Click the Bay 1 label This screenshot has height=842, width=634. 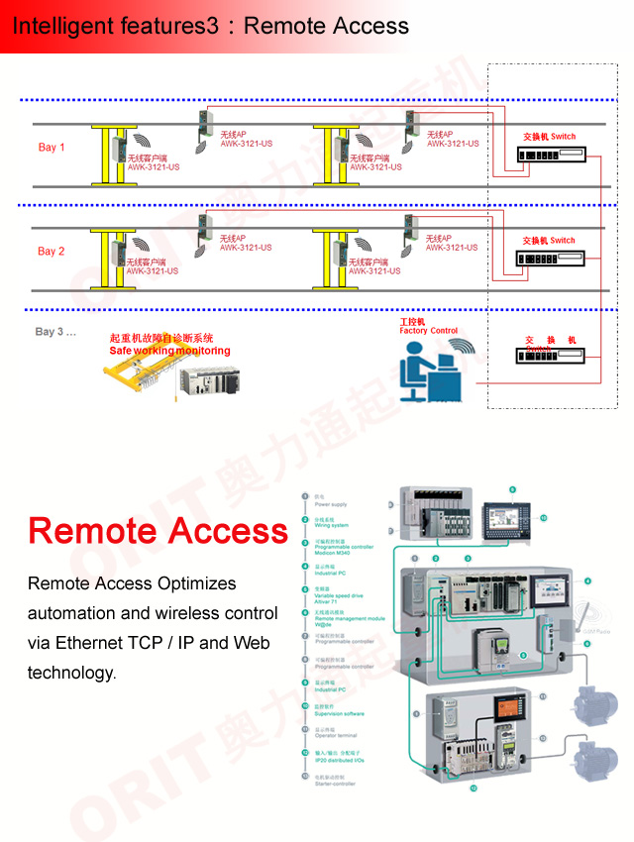pyautogui.click(x=52, y=148)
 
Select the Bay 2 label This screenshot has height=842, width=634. pyautogui.click(x=52, y=252)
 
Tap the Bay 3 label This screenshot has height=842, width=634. pyautogui.click(x=55, y=332)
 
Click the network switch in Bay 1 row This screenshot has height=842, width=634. pyautogui.click(x=551, y=156)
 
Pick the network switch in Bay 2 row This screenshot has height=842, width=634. pyautogui.click(x=551, y=259)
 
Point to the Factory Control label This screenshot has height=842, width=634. pyautogui.click(x=428, y=331)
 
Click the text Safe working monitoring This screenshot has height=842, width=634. pyautogui.click(x=169, y=351)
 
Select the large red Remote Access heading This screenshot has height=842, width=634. pyautogui.click(x=158, y=531)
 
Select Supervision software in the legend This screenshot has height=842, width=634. pyautogui.click(x=339, y=713)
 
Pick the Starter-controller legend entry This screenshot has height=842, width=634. pyautogui.click(x=336, y=783)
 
